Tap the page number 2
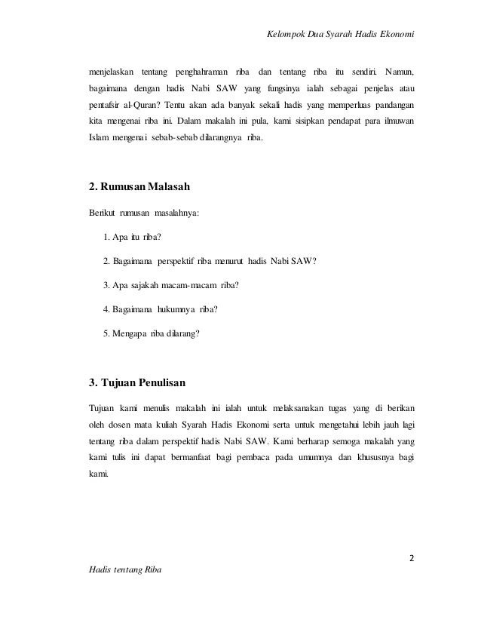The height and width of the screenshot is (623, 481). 412,559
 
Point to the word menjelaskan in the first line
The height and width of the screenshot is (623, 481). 111,72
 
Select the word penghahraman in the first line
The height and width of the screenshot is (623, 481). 199,72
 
